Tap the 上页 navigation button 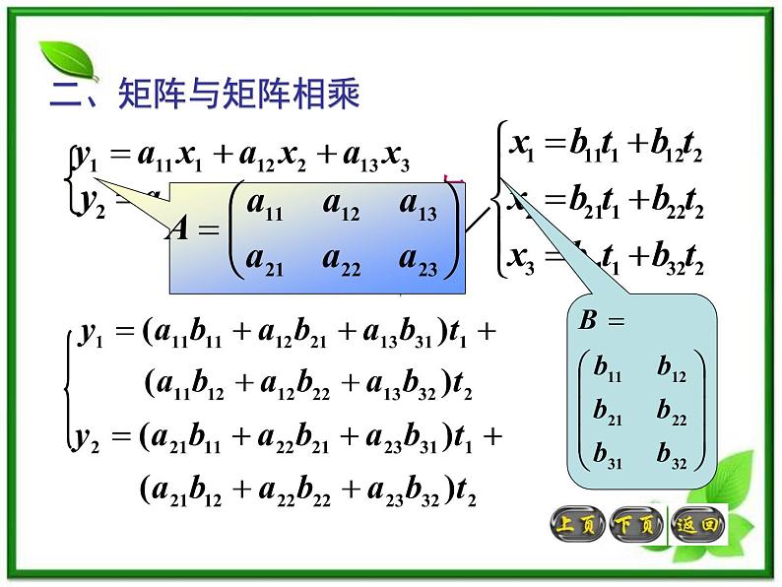[577, 524]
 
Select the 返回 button [697, 524]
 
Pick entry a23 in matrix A [419, 262]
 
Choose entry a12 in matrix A [341, 208]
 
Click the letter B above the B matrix [589, 321]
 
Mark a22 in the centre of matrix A [341, 262]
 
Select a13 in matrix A [419, 208]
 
